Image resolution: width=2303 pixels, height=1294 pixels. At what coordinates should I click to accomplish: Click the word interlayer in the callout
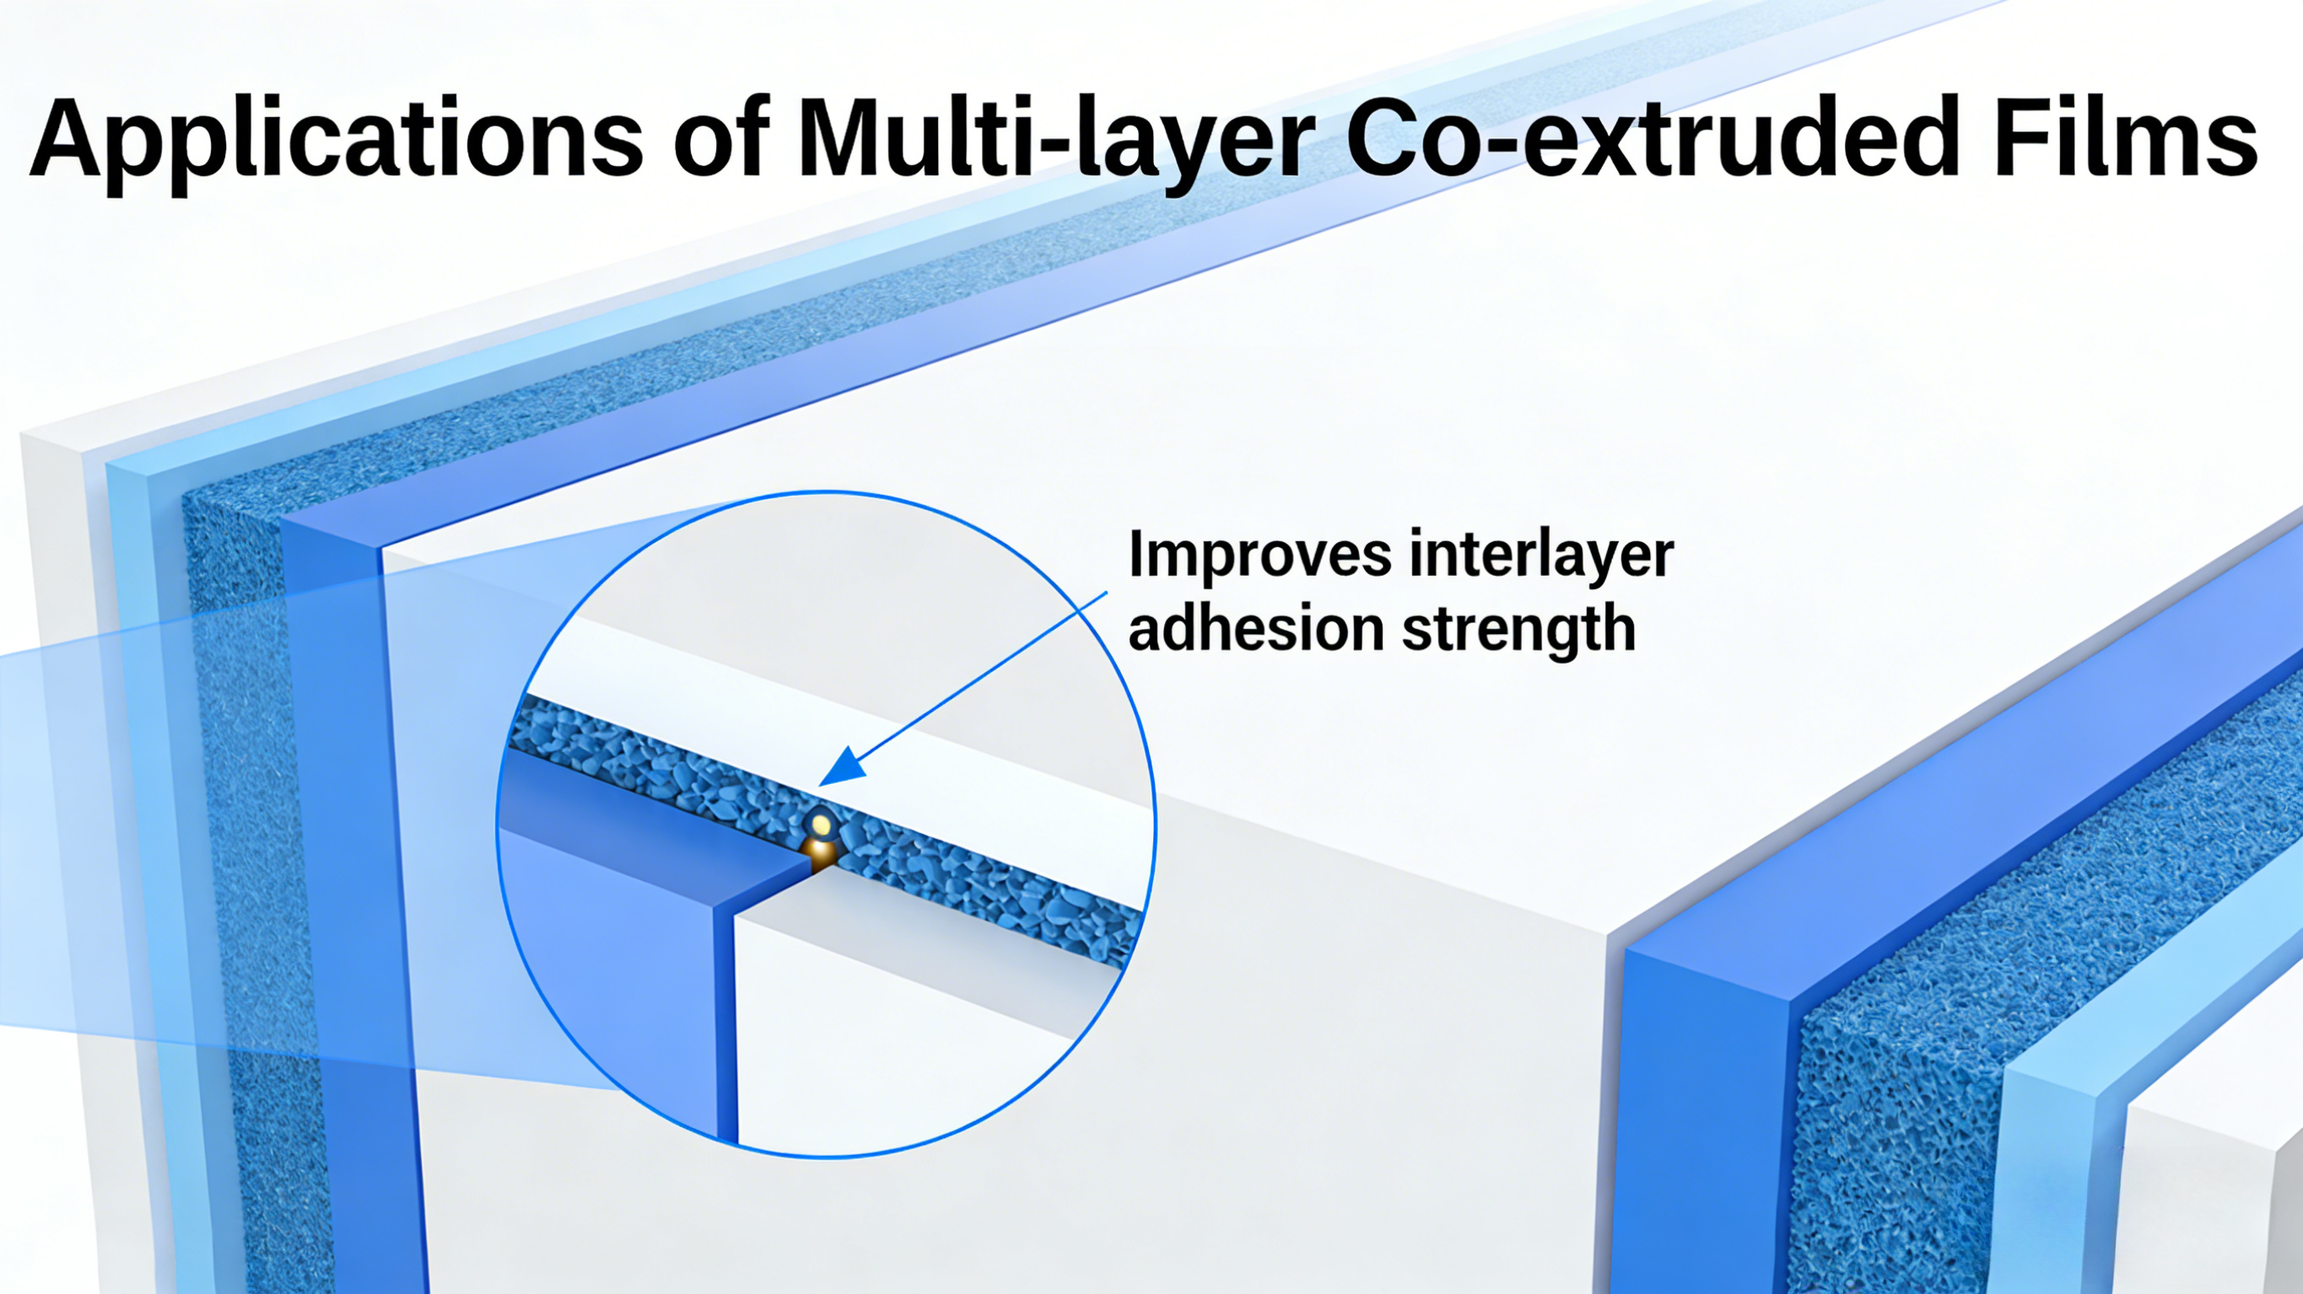(x=1541, y=554)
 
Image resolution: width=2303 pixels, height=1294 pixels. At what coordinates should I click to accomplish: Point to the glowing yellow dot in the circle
(x=821, y=821)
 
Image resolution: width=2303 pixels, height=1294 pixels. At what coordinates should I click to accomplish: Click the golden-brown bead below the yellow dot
(x=819, y=853)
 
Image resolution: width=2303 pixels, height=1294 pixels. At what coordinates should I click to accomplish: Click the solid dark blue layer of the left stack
(x=353, y=894)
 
